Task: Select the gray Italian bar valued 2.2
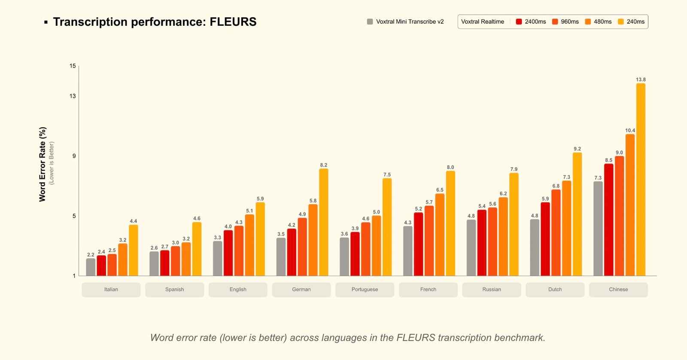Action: pos(91,267)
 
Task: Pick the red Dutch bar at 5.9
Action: pos(545,239)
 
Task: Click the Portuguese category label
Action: pos(365,290)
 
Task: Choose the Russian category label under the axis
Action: pos(492,290)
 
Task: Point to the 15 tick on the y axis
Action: pos(73,66)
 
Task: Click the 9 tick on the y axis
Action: pos(74,156)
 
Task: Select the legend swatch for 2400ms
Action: pos(519,21)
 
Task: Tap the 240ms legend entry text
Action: pos(635,21)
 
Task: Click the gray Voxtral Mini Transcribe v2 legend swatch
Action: pos(370,21)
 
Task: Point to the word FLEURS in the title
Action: pos(233,22)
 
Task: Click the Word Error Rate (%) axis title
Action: pos(42,164)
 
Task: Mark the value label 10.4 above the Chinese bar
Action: pos(630,131)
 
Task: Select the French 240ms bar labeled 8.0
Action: pos(450,223)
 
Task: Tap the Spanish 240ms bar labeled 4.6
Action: pos(197,249)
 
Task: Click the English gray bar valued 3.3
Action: pos(218,258)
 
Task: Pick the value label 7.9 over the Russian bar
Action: pos(514,169)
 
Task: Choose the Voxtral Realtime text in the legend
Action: pos(483,21)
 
